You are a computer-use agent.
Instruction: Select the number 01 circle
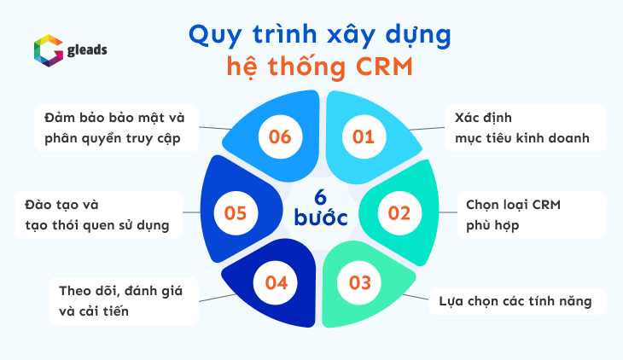(364, 136)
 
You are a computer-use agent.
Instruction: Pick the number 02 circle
(399, 212)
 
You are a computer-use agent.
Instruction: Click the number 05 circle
(236, 212)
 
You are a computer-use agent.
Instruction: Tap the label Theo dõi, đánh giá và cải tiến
(114, 300)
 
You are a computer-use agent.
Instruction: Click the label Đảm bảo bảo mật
(114, 127)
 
